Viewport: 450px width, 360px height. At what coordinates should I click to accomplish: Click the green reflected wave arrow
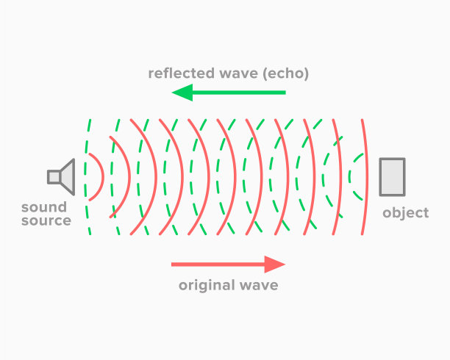coord(229,93)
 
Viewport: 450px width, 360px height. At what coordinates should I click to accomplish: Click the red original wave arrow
coord(228,264)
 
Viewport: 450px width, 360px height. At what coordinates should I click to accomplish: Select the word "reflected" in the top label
coord(182,73)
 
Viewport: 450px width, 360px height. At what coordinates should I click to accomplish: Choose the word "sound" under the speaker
coord(44,207)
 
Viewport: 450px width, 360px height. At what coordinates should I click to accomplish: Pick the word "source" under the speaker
coord(46,220)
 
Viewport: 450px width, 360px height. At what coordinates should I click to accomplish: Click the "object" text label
coord(406,213)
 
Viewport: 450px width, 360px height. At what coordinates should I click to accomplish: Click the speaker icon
coord(61,177)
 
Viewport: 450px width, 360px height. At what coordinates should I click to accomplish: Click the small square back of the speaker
coord(54,177)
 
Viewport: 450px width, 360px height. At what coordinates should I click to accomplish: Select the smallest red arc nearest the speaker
coord(103,177)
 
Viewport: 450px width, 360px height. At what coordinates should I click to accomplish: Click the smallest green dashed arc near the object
coord(349,177)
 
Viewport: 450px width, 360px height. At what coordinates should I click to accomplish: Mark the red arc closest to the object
coord(367,177)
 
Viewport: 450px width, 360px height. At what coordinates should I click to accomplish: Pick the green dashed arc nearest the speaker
coord(85,177)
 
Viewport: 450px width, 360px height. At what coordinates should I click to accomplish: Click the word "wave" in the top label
coord(239,73)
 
